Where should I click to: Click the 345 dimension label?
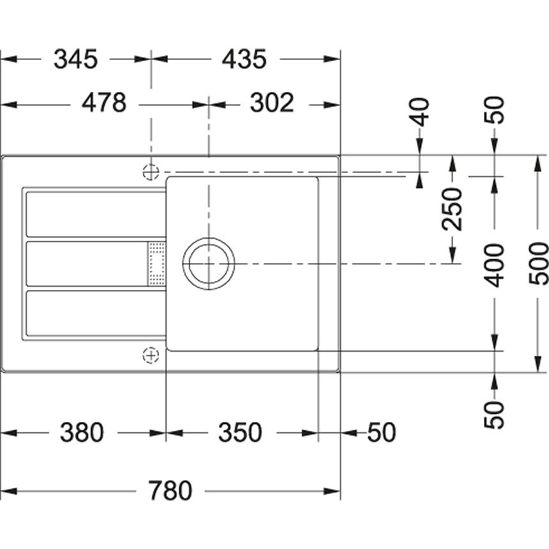[75, 59]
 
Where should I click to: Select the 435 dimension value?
[244, 59]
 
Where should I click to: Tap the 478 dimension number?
[104, 103]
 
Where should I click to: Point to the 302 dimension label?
[272, 103]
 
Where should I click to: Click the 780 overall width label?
[170, 491]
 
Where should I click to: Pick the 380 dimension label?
[82, 432]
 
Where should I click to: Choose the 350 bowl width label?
[240, 432]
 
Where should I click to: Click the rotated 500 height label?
[538, 263]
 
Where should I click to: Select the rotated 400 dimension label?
[493, 266]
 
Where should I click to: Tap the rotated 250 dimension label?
[452, 209]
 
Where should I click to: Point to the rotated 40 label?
[419, 112]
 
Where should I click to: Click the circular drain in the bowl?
[209, 264]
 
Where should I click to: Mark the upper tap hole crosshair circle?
[151, 172]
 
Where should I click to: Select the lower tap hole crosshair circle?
[151, 356]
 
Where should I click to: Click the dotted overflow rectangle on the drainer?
[157, 264]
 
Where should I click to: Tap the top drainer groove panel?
[96, 214]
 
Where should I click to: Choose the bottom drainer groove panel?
[96, 313]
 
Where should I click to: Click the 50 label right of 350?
[382, 432]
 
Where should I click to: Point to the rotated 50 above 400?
[493, 110]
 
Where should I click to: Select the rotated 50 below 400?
[493, 415]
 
